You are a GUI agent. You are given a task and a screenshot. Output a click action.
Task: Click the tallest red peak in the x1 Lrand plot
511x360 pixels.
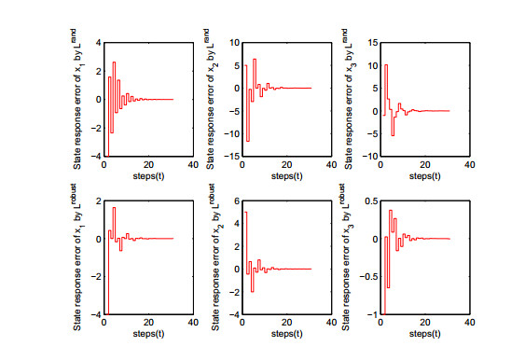tap(114, 62)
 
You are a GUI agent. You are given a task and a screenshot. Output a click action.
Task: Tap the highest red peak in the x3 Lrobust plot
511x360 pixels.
tap(391, 211)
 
